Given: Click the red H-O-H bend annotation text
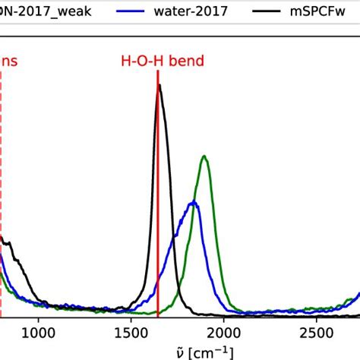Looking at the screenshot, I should tap(162, 61).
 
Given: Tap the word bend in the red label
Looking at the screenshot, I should tap(186, 61).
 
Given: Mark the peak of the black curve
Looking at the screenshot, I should tap(159, 86).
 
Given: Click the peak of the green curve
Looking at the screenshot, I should tap(204, 156).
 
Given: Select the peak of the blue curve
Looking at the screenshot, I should tap(194, 202).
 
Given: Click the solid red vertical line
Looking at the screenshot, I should tap(158, 228).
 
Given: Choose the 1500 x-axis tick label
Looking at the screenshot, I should tap(131, 332).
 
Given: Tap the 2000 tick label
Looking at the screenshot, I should tap(224, 332).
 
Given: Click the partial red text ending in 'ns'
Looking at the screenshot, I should tap(8, 61).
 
